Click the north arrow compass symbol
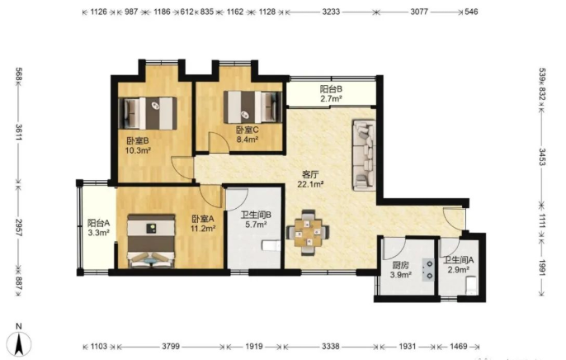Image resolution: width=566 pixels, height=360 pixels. click(20, 343)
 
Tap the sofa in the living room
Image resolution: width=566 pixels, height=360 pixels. click(364, 155)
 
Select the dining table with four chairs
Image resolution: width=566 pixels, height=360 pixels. click(308, 233)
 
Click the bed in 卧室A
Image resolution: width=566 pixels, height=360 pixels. click(151, 241)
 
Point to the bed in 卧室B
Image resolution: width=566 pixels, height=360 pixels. click(148, 113)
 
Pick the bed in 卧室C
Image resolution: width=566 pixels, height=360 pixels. click(252, 107)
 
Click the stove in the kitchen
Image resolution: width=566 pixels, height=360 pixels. click(427, 269)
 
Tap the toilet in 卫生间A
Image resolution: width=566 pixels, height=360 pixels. click(471, 285)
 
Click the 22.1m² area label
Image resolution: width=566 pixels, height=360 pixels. click(310, 184)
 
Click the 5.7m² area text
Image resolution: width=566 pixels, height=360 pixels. click(256, 225)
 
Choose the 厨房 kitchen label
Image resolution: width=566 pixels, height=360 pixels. click(401, 265)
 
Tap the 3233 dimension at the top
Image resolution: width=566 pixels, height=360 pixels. click(331, 12)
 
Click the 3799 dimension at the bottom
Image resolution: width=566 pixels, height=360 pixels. click(171, 347)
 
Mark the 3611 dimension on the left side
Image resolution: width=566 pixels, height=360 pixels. click(19, 134)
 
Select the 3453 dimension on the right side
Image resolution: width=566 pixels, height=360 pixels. click(542, 157)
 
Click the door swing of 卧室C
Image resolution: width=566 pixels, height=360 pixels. click(219, 142)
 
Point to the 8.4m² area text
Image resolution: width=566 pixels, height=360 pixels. click(248, 139)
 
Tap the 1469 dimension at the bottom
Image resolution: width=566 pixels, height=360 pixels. click(459, 347)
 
